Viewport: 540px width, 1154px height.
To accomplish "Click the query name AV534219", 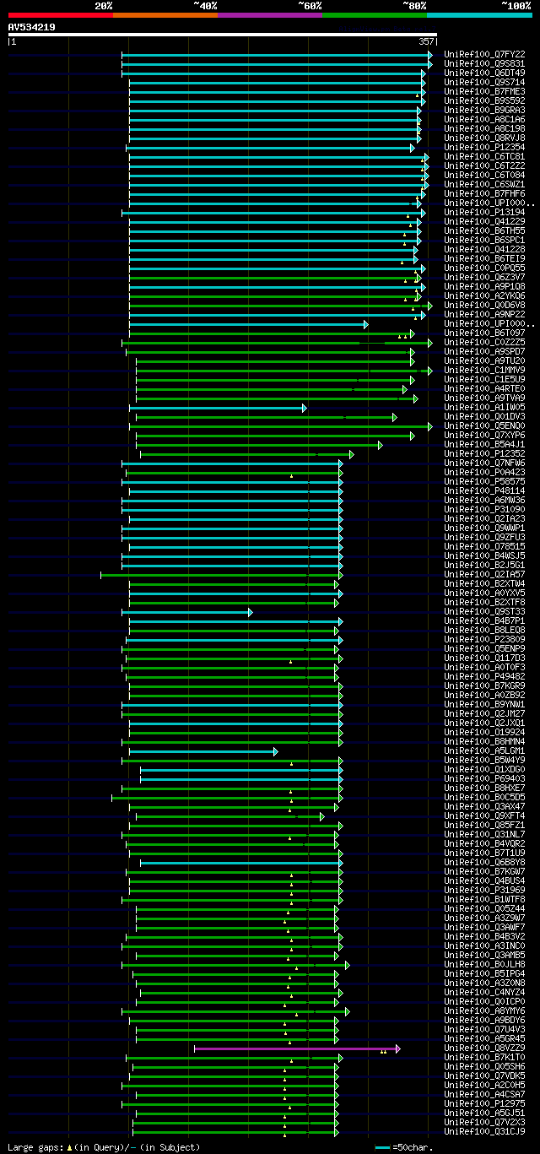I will [32, 27].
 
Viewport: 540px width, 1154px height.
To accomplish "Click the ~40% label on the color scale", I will [205, 5].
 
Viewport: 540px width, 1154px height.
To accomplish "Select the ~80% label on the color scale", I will [414, 5].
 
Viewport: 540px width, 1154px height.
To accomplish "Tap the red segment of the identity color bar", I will [60, 14].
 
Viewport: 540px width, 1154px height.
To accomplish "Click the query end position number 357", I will [426, 41].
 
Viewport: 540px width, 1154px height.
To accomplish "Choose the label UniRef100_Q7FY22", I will [484, 54].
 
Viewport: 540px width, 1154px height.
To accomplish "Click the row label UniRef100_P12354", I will [484, 148].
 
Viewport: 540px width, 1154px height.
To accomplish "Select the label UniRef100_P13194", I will [484, 213].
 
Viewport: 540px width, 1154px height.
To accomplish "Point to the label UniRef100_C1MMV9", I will [484, 371].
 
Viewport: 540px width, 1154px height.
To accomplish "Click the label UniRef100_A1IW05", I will [484, 408].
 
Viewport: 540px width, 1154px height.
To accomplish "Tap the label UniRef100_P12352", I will [484, 454].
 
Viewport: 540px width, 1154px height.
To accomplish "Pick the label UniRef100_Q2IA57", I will [484, 575].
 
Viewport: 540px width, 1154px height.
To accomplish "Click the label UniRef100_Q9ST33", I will [484, 612].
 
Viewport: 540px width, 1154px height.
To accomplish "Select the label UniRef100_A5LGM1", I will [484, 751].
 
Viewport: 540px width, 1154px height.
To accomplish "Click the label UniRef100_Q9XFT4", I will [484, 816].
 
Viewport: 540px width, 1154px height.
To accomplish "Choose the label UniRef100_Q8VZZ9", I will [484, 1048].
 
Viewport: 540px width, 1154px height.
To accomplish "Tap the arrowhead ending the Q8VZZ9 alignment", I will [397, 1048].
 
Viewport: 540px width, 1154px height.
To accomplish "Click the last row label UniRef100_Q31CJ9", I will [484, 1132].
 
